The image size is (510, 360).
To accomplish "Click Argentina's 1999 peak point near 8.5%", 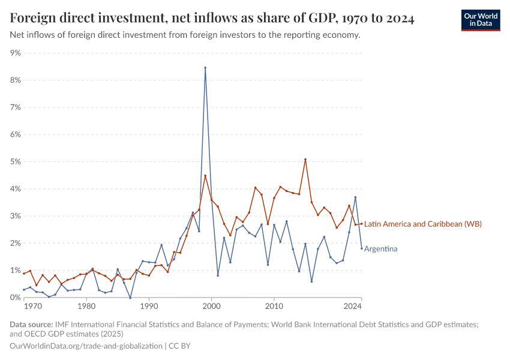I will click(x=205, y=68).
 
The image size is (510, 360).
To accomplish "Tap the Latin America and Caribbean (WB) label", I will click(x=423, y=224).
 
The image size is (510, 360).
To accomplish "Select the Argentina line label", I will click(x=380, y=248).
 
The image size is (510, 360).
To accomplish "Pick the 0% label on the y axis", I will click(x=15, y=298).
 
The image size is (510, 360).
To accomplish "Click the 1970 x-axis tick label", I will click(x=33, y=306).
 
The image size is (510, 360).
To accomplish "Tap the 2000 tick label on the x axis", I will click(x=211, y=306).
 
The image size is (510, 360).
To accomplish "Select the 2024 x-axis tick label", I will click(x=353, y=306).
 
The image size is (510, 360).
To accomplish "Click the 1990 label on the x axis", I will click(x=149, y=306).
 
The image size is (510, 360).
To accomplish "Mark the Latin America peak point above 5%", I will click(x=305, y=159).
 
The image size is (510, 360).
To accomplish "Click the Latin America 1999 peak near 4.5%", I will click(x=205, y=175).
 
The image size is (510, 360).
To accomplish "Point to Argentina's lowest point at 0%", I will click(x=130, y=298).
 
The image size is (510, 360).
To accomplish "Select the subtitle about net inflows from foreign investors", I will click(x=185, y=35).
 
